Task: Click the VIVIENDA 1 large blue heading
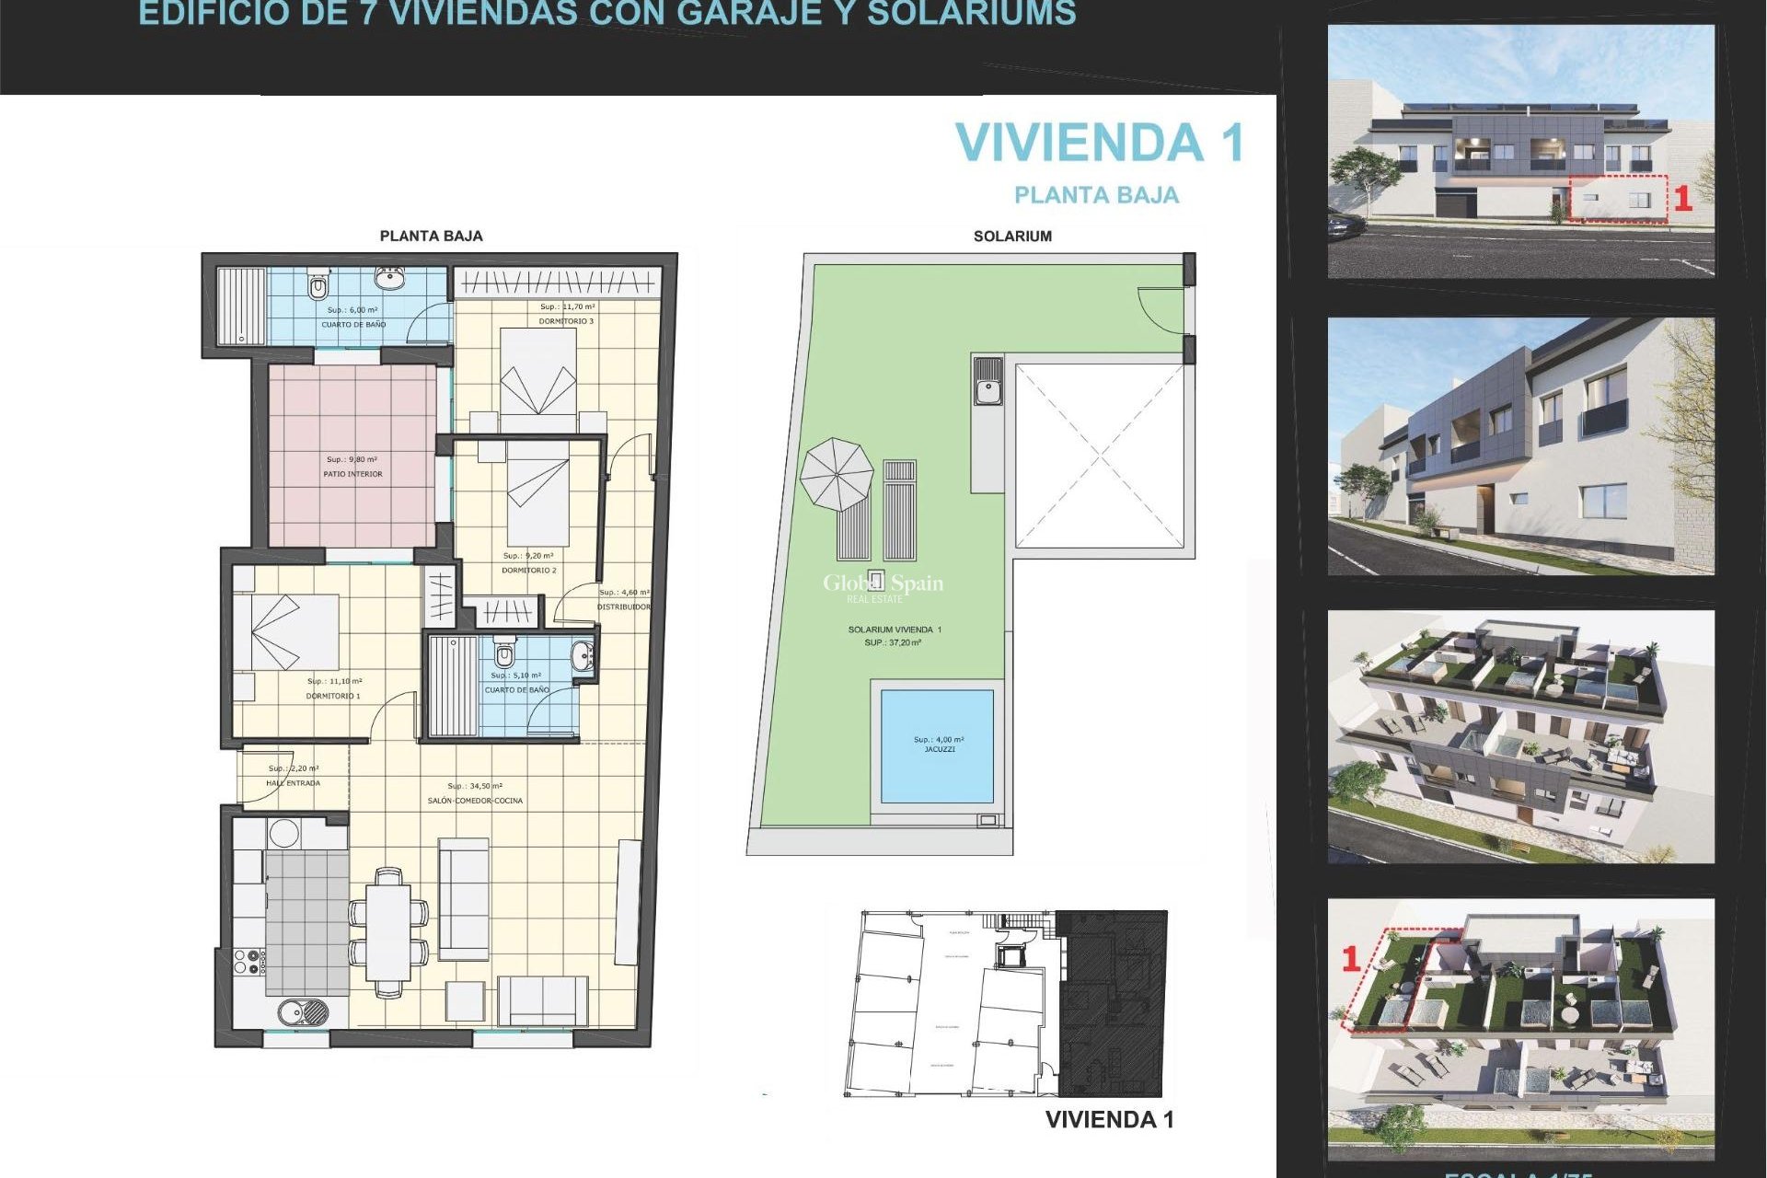pos(1100,144)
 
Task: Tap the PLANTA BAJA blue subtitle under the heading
pos(1096,195)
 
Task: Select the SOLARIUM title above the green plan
pos(1012,237)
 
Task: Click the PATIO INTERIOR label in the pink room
pos(352,474)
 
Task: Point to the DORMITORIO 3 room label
pos(566,321)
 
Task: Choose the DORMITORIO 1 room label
pos(333,696)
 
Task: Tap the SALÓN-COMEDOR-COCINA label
pos(475,801)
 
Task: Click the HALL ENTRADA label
pos(293,783)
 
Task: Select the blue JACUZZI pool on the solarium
pos(937,745)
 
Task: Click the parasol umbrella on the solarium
pos(836,474)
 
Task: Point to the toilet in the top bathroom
pos(318,287)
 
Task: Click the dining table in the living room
pos(388,932)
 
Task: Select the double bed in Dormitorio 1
pos(285,631)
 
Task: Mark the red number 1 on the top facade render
pos(1682,199)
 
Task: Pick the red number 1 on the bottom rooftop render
pos(1351,959)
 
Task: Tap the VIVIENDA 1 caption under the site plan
pos(1109,1120)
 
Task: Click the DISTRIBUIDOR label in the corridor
pos(623,607)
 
